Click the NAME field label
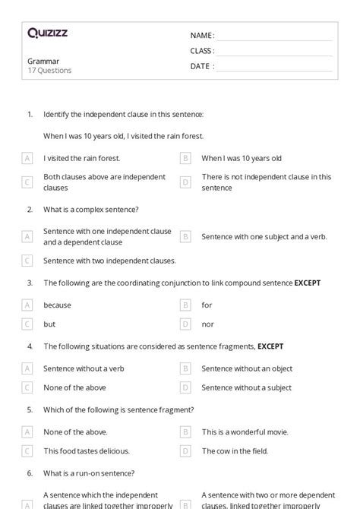click(202, 36)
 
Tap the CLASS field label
click(202, 51)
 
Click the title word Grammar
click(43, 61)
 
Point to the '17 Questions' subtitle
click(49, 71)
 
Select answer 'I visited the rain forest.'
click(81, 158)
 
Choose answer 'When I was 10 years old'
click(241, 158)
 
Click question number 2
click(30, 209)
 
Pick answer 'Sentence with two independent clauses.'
click(109, 260)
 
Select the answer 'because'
click(57, 305)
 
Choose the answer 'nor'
click(207, 324)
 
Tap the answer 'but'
click(49, 324)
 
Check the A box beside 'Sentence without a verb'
click(27, 368)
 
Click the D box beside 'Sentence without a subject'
click(185, 387)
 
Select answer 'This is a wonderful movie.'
click(245, 432)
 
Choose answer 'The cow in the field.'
click(235, 451)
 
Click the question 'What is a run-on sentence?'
click(89, 473)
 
